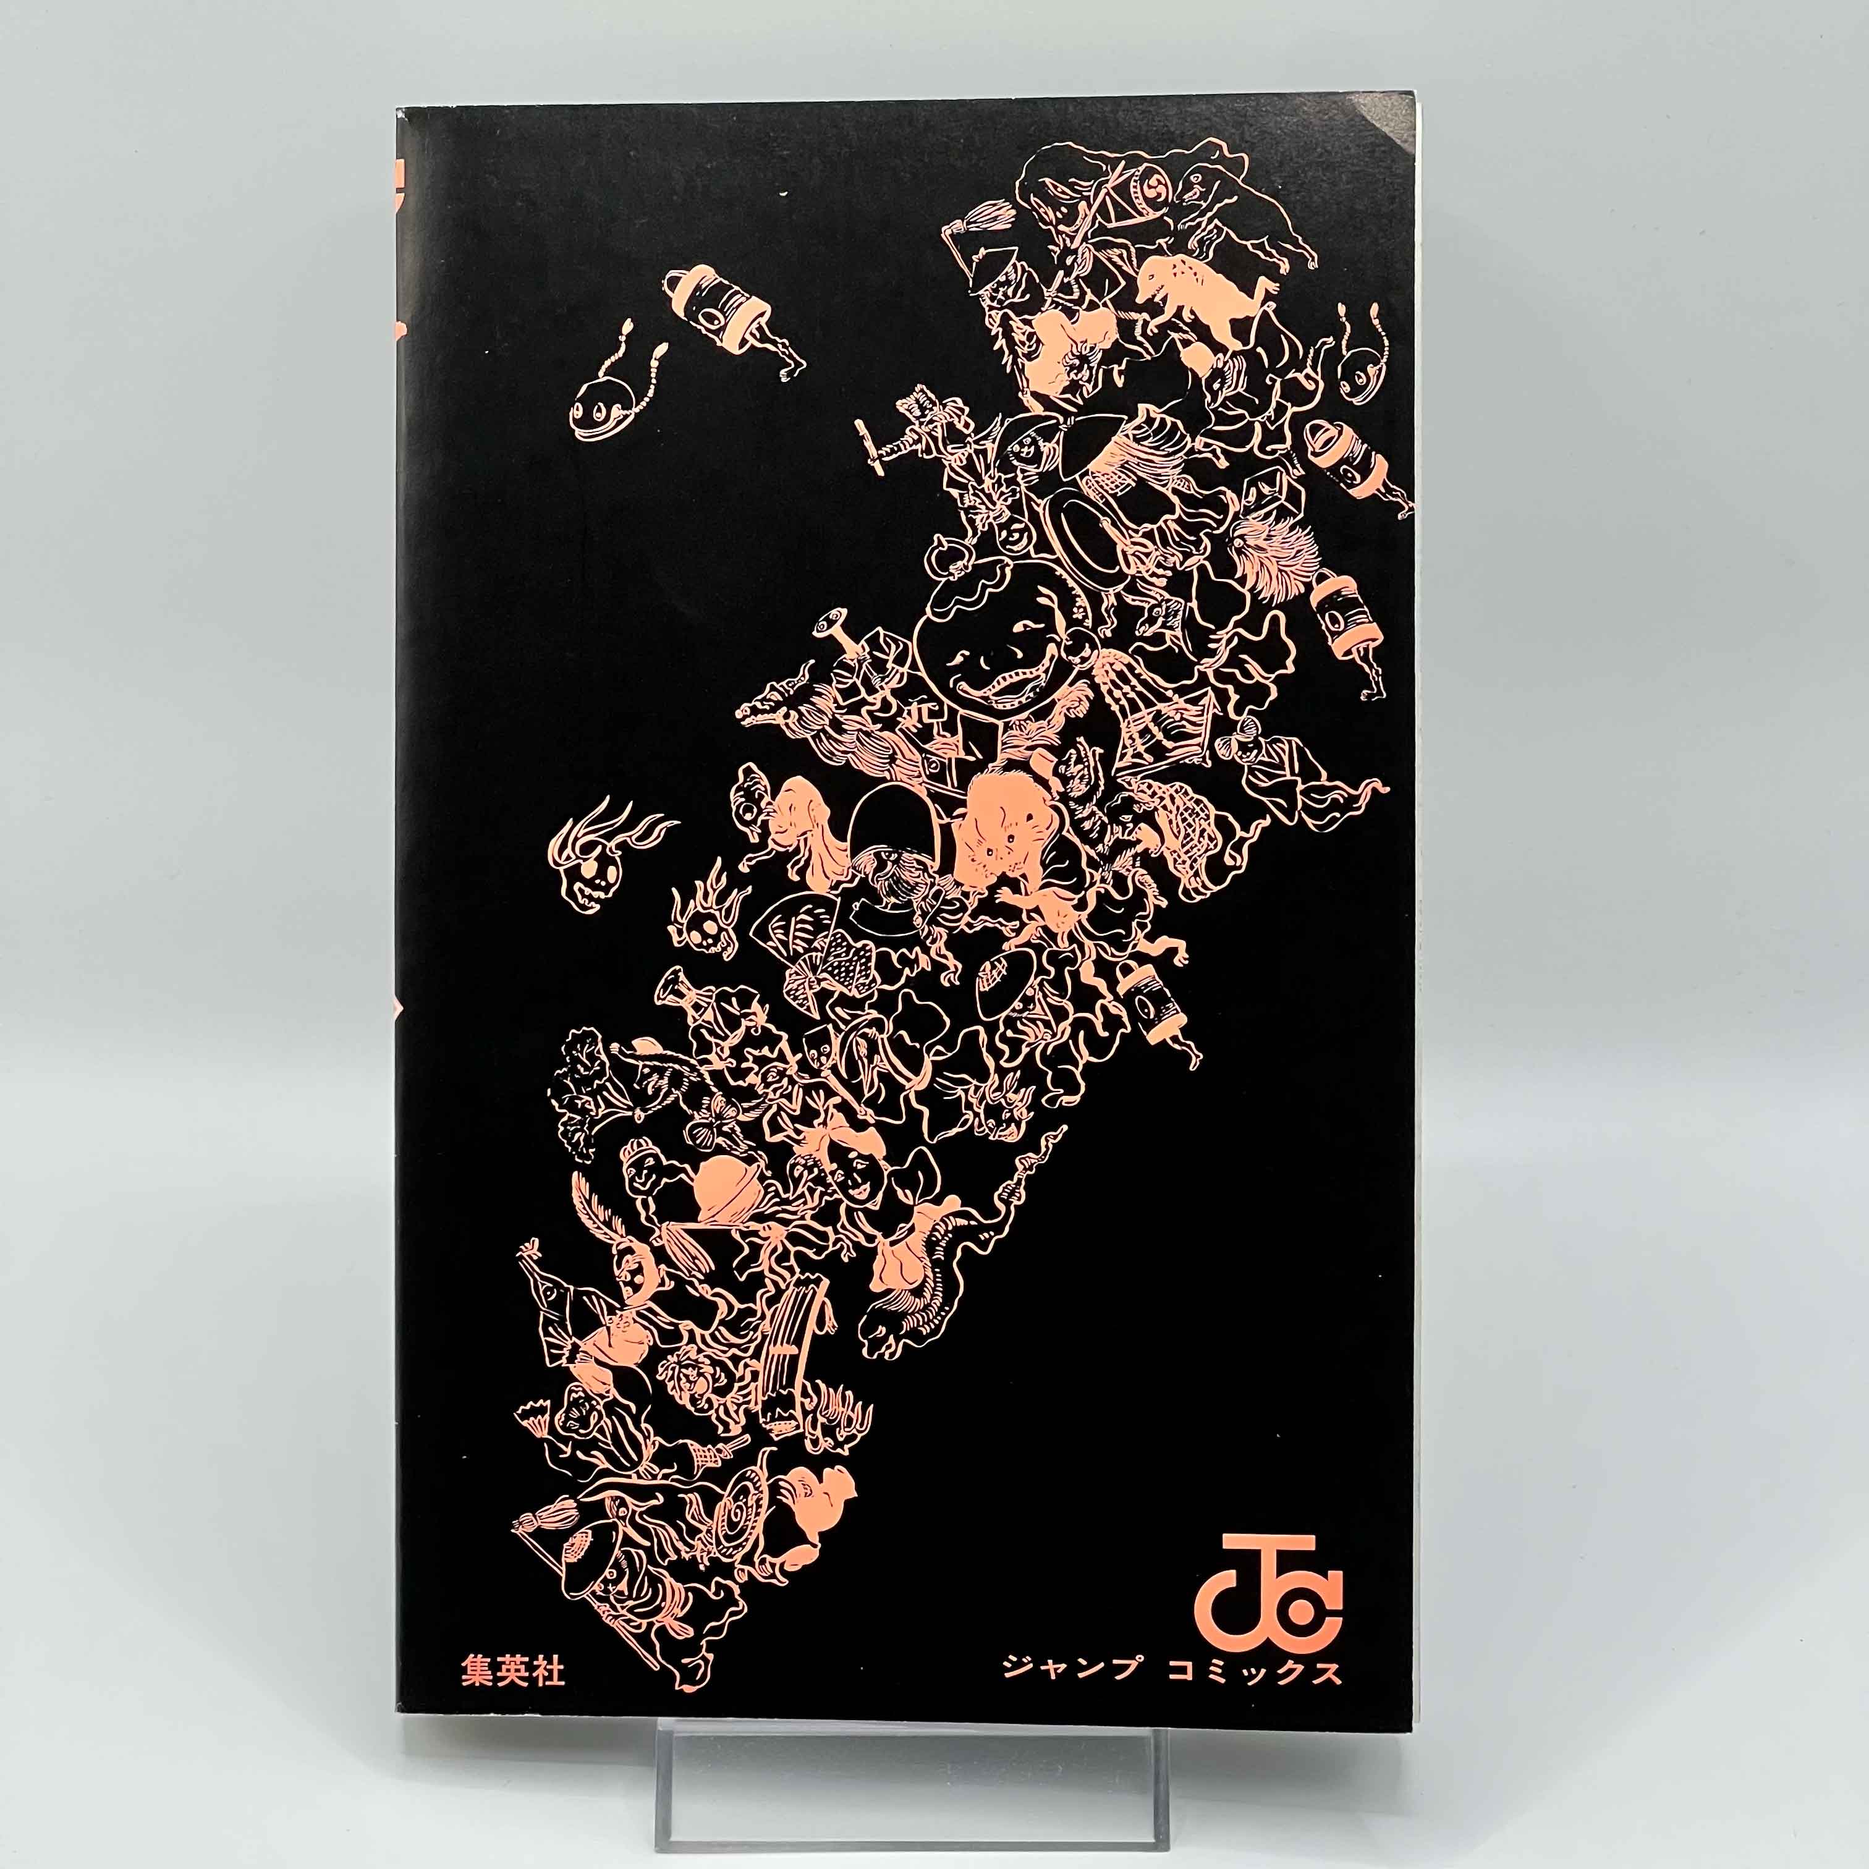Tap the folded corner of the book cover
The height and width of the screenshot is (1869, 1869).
click(1394, 130)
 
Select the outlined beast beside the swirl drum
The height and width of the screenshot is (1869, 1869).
click(1248, 203)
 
